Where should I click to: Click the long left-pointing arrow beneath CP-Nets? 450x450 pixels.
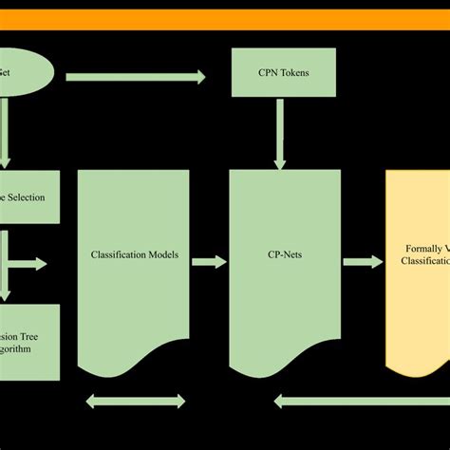pos(361,401)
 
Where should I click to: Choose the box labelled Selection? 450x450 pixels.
pos(28,198)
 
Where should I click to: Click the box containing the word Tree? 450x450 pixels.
pos(28,342)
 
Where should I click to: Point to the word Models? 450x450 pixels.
pos(174,255)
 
